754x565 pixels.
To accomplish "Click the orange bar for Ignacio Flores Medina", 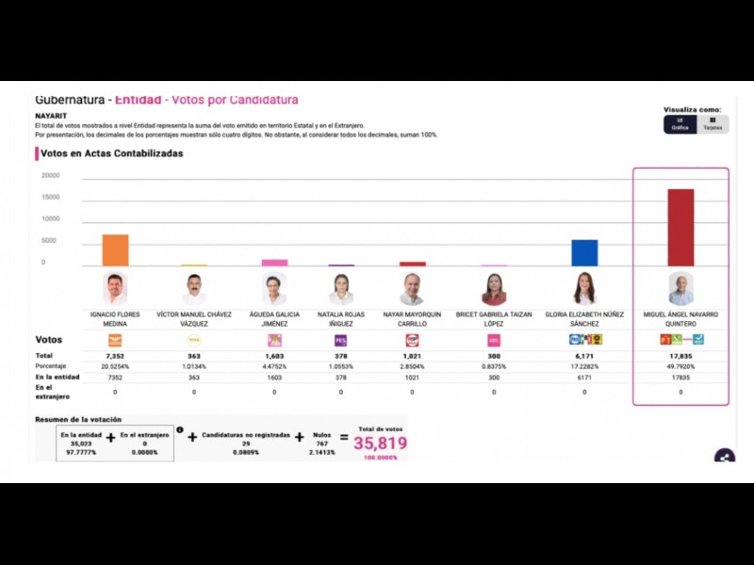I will [115, 250].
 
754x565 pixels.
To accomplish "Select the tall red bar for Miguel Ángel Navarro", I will [680, 228].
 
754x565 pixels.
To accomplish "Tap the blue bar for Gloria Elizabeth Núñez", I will [584, 253].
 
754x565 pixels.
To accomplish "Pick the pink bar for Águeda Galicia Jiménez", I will [274, 263].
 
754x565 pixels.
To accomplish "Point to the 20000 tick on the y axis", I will [51, 175].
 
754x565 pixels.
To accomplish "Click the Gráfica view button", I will [680, 123].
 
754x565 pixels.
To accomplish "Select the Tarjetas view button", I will [713, 123].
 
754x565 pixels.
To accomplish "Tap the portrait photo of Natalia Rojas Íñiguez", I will [341, 289].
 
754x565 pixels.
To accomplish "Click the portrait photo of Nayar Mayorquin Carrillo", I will [412, 289].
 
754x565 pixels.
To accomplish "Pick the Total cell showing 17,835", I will [680, 356].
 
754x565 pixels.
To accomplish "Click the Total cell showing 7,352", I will [115, 356].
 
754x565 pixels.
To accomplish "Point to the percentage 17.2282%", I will [584, 366].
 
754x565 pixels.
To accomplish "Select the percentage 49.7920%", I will [680, 366].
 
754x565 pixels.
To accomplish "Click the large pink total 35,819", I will [380, 444].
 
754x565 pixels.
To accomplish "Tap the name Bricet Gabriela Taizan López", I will [494, 318].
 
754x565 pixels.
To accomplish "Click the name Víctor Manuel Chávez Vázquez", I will [194, 318].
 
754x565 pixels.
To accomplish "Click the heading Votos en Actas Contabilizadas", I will [111, 153].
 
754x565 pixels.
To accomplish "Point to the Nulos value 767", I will [322, 443].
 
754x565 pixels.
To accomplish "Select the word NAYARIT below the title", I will [51, 116].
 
